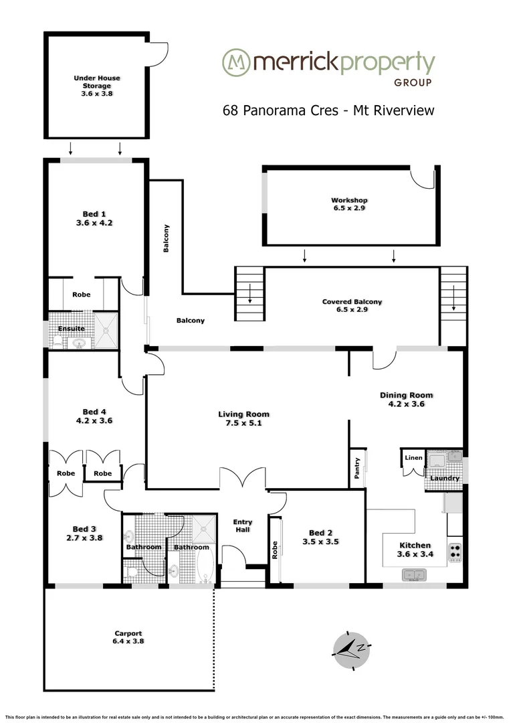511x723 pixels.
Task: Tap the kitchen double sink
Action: [x=416, y=574]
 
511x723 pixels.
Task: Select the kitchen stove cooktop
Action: [x=455, y=551]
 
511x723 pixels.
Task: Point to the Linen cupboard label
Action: [x=414, y=458]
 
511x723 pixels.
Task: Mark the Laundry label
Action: [x=444, y=478]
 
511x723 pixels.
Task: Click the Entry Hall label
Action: [x=241, y=526]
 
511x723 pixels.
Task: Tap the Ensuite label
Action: [x=71, y=328]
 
